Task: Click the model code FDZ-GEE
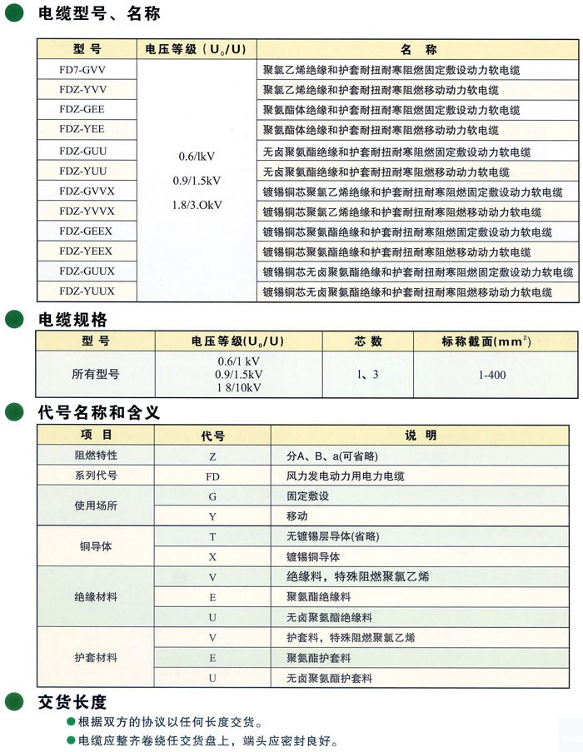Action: pyautogui.click(x=82, y=109)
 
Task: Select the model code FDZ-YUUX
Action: pyautogui.click(x=87, y=291)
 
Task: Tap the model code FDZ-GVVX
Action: pyautogui.click(x=87, y=190)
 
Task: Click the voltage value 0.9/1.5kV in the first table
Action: pyautogui.click(x=200, y=180)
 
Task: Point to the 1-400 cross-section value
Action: pyautogui.click(x=492, y=375)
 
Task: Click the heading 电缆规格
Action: pyautogui.click(x=72, y=319)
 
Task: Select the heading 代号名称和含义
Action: pyautogui.click(x=98, y=412)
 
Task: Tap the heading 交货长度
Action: pyautogui.click(x=72, y=701)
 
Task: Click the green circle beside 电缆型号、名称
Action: pyautogui.click(x=13, y=14)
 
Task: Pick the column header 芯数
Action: pyautogui.click(x=364, y=341)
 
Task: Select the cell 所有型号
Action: pyautogui.click(x=95, y=375)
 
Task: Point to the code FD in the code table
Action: pyautogui.click(x=212, y=476)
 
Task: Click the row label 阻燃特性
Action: pyautogui.click(x=96, y=456)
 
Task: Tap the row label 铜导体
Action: pyautogui.click(x=96, y=546)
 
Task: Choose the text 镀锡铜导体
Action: pyautogui.click(x=312, y=556)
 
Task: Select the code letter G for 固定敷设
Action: pyautogui.click(x=212, y=496)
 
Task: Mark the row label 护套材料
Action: pyautogui.click(x=96, y=658)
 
